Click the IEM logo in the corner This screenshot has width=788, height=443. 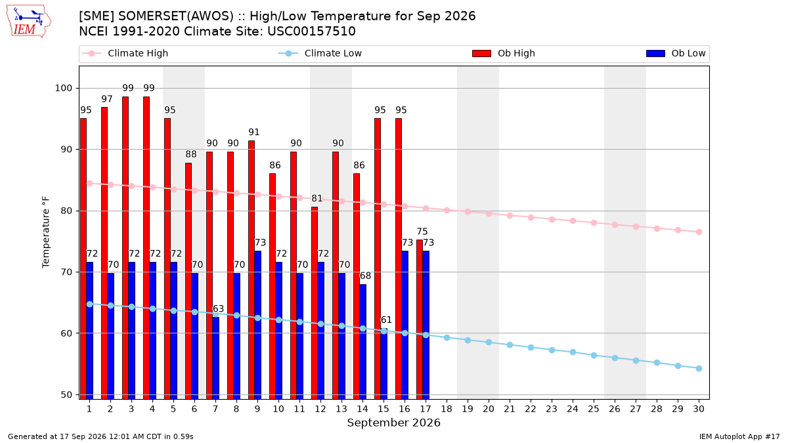coord(28,22)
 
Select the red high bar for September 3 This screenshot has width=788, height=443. coord(125,248)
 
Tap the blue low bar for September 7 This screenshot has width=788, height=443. coord(215,358)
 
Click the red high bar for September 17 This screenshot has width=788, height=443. coord(420,319)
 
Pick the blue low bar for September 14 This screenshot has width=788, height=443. coord(362,342)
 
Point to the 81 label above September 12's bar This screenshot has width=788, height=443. coord(317,199)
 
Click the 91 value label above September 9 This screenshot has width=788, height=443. coord(254,132)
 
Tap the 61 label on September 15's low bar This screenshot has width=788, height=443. coord(386,320)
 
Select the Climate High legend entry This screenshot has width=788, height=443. coord(125,53)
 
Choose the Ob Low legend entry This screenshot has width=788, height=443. coord(676,53)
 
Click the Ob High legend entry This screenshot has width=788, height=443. coord(504,53)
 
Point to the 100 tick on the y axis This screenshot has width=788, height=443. coord(63,88)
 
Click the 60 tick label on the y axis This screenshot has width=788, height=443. coord(66,333)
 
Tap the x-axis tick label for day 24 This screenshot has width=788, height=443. coord(573,409)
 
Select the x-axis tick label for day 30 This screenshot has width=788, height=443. coord(699,409)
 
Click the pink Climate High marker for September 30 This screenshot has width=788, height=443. coord(699,232)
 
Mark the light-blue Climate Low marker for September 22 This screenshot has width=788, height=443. coord(531,348)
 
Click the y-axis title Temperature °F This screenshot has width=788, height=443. coord(46,232)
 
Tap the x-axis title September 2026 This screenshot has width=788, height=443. coord(393,423)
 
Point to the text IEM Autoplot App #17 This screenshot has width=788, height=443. coord(739,436)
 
